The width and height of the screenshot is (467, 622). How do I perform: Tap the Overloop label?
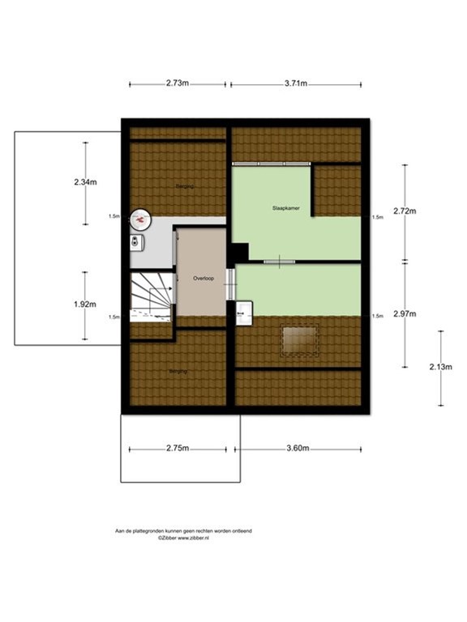coord(203,278)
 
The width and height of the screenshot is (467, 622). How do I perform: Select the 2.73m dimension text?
coord(178,83)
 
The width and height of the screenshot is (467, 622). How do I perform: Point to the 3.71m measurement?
coord(296,83)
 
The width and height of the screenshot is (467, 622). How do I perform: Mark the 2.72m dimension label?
coord(404,212)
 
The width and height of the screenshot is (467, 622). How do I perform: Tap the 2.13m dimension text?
coord(440,367)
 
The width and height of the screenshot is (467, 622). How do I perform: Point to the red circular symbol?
coord(141,219)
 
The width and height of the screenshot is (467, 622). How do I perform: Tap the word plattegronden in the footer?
coord(157,530)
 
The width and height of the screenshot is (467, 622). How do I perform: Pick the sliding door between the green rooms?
coord(277,261)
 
